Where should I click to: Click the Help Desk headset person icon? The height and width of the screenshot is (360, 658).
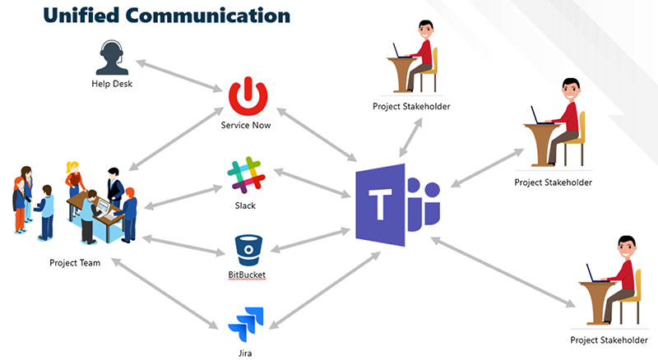click(112, 57)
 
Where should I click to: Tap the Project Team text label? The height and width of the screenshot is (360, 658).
click(74, 263)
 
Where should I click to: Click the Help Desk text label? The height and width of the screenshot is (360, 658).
click(112, 83)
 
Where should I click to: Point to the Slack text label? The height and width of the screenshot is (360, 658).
click(245, 205)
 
